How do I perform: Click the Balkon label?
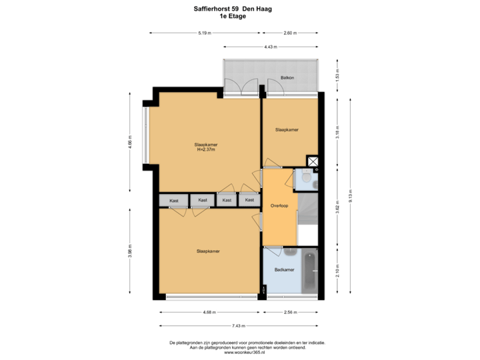pyautogui.click(x=287, y=78)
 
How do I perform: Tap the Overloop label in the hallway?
pyautogui.click(x=278, y=205)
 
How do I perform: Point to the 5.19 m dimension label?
pyautogui.click(x=204, y=33)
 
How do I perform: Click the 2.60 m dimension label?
pyautogui.click(x=290, y=33)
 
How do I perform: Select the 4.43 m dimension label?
pyautogui.click(x=270, y=47)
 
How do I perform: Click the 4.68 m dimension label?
pyautogui.click(x=208, y=311)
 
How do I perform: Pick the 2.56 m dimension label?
pyautogui.click(x=291, y=311)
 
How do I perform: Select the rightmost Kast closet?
pyautogui.click(x=249, y=200)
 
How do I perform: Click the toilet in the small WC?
pyautogui.click(x=305, y=178)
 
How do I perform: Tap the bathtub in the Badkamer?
pyautogui.click(x=310, y=270)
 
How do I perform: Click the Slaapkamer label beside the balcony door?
pyautogui.click(x=287, y=130)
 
